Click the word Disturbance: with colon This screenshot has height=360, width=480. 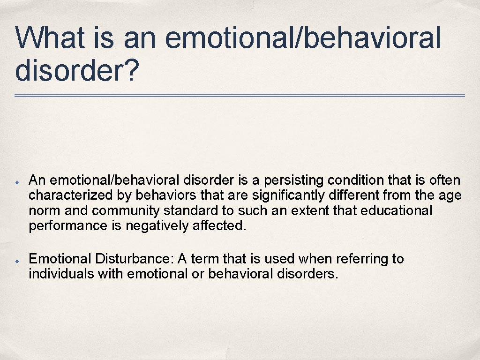133,259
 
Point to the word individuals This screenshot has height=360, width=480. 61,274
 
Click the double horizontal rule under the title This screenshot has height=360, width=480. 240,96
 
